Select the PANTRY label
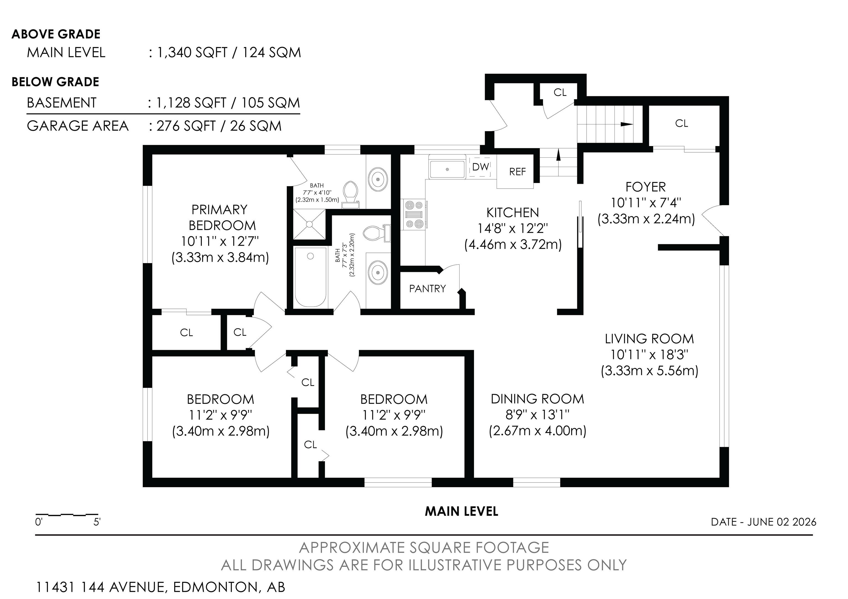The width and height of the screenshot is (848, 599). (x=427, y=288)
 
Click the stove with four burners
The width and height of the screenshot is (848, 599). (x=414, y=214)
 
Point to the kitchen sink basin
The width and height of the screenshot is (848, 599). (x=447, y=169)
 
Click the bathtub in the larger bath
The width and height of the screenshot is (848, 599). (x=311, y=277)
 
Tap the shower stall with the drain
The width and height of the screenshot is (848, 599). (x=309, y=224)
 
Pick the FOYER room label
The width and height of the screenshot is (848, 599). (x=646, y=187)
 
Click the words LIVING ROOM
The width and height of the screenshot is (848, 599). (x=649, y=339)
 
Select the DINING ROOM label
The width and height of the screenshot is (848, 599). (x=537, y=399)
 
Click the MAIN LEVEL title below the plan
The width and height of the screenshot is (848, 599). (x=461, y=511)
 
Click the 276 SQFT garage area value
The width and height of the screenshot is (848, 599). (x=186, y=126)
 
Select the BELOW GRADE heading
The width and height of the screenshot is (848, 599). (x=55, y=82)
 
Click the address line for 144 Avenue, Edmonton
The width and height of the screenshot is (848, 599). (x=160, y=587)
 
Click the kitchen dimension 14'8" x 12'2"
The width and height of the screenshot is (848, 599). (x=513, y=228)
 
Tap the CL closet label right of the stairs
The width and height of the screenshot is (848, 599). (x=682, y=123)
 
